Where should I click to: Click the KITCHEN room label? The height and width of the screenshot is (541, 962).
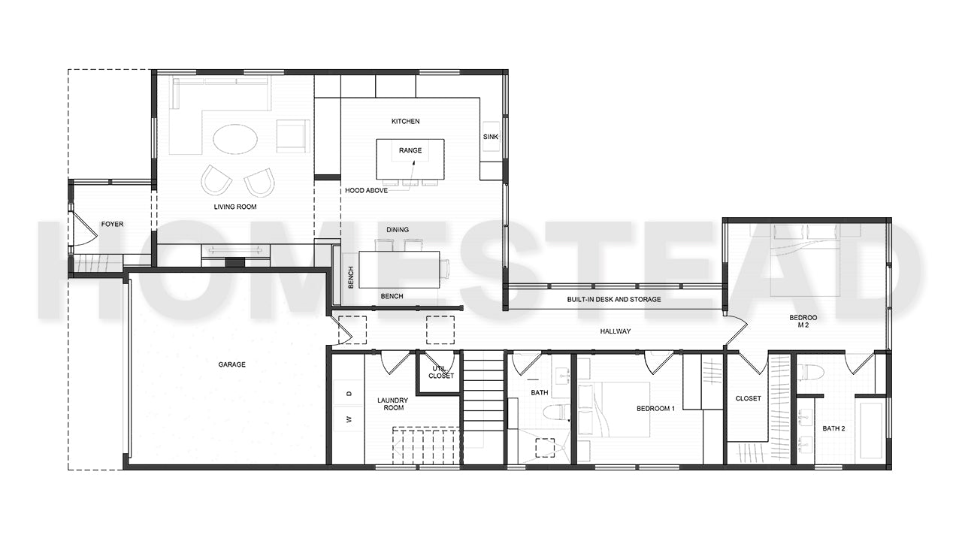(x=405, y=121)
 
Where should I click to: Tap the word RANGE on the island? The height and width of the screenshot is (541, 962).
(x=410, y=150)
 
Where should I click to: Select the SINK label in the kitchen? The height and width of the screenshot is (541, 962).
(x=491, y=138)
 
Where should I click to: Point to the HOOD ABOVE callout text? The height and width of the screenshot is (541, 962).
(x=366, y=191)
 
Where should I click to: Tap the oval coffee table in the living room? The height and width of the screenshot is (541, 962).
(x=234, y=139)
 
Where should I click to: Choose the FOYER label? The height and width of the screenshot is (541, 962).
(x=112, y=224)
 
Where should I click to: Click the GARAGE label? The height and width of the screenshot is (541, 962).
(x=231, y=364)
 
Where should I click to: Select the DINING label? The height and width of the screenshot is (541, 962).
(x=398, y=230)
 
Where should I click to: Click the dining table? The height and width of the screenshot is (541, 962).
(x=398, y=269)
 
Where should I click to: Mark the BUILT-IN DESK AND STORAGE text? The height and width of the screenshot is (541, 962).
(x=614, y=299)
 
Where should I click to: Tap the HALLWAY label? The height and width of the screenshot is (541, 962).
(x=615, y=331)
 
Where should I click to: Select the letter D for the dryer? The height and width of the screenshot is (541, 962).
(x=349, y=394)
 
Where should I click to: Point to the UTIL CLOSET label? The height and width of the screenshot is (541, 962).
(x=441, y=372)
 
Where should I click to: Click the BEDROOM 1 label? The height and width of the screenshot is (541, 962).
(x=655, y=409)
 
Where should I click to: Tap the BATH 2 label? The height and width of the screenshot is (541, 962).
(x=833, y=428)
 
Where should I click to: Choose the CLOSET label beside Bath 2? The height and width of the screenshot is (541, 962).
(x=748, y=398)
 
